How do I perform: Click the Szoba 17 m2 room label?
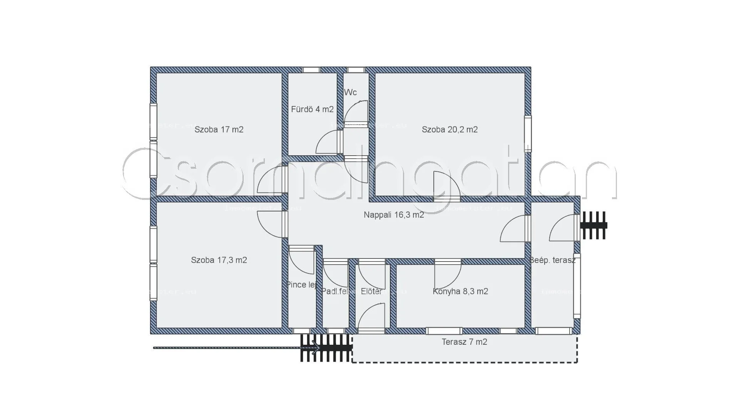(x=219, y=129)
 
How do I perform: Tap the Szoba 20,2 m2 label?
(x=450, y=129)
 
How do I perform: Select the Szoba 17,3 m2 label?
(x=219, y=260)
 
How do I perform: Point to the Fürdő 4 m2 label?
(x=312, y=109)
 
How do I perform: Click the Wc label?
(x=350, y=92)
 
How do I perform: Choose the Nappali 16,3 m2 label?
(x=394, y=215)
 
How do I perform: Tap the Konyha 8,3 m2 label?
(x=460, y=292)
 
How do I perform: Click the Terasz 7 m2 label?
(x=464, y=342)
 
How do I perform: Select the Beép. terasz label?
(x=552, y=260)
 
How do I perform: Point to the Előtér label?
(x=371, y=292)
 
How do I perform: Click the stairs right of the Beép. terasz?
(x=594, y=225)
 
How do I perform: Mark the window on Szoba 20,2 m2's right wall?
(x=528, y=133)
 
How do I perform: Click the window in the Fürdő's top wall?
(x=311, y=70)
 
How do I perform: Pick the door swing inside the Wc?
(x=356, y=112)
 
